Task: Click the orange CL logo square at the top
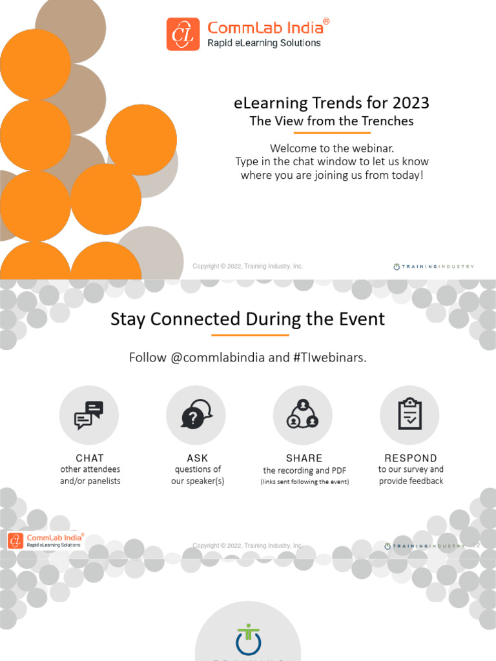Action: pos(183,34)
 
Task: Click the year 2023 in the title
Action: pos(409,103)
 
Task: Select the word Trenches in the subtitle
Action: pos(384,121)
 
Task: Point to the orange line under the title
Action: pos(331,132)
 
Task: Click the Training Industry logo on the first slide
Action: pos(433,266)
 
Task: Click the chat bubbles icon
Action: pos(89,415)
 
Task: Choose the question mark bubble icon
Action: pos(196,415)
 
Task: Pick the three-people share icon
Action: pos(303,415)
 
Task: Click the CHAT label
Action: pos(90,458)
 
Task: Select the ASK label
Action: pos(198,458)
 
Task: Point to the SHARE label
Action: pos(304,458)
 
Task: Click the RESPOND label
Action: pos(411,458)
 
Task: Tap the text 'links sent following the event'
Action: pos(305,482)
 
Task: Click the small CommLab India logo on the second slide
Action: pos(45,541)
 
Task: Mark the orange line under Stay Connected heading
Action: pos(250,335)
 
